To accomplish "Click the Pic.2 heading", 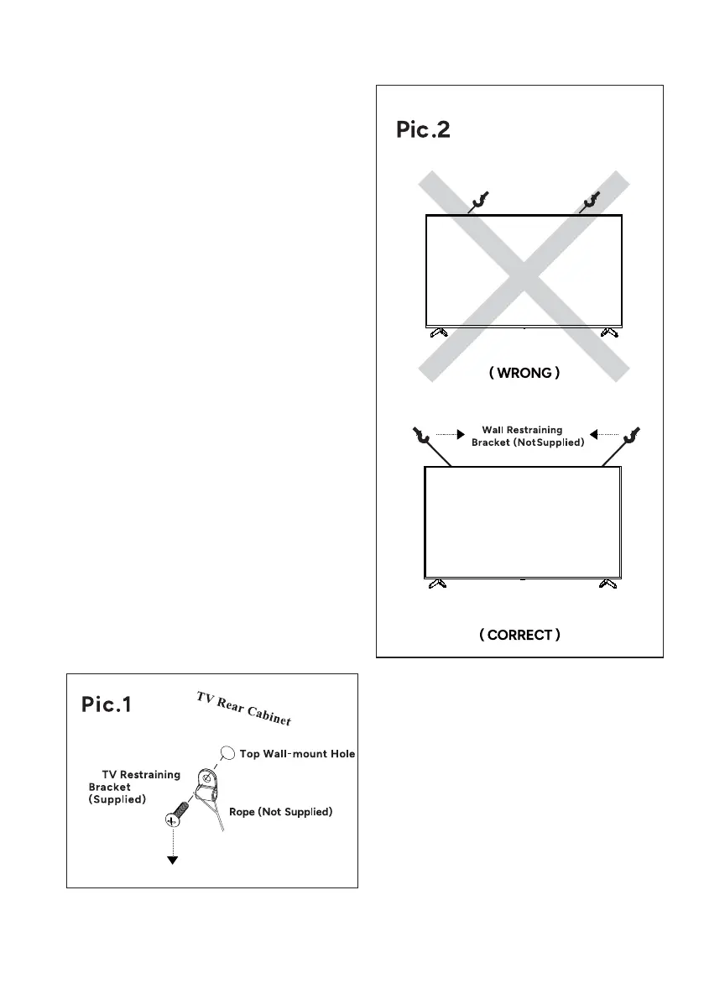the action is pos(423,132).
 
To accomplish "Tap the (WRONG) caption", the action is pos(524,373).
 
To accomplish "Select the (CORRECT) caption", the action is pos(520,635).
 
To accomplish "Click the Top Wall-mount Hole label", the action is pos(297,754).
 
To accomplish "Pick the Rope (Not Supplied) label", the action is pos(281,812).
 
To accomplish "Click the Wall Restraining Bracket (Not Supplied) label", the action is pos(527,436).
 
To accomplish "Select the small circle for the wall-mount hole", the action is pos(226,753).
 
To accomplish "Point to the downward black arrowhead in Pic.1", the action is pos(173,859).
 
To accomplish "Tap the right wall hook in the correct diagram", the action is pos(628,436).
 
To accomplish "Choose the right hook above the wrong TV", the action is pos(592,200).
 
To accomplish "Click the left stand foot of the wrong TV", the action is pos(438,332).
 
